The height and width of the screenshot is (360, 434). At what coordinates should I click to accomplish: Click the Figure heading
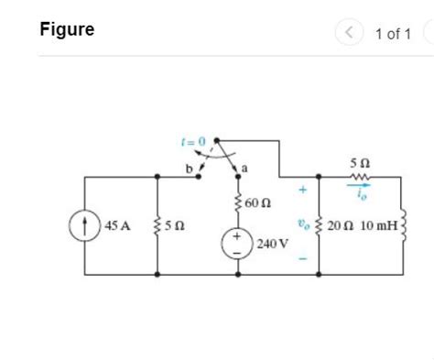(67, 29)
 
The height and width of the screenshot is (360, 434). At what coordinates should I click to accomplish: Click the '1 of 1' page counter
(393, 34)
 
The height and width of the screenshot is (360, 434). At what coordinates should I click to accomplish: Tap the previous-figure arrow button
(349, 34)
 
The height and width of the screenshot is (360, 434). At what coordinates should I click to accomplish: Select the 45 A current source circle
(85, 225)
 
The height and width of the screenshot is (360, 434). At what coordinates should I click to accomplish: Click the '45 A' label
(118, 225)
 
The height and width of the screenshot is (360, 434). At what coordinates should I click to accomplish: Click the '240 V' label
(272, 245)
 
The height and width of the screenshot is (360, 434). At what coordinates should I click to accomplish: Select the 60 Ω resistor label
(259, 202)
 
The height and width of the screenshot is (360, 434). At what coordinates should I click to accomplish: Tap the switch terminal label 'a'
(245, 166)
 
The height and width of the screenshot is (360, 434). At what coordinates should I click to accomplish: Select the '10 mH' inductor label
(379, 225)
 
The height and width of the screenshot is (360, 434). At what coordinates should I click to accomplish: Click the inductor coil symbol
(403, 225)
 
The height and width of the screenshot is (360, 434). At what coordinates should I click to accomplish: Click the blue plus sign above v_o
(300, 191)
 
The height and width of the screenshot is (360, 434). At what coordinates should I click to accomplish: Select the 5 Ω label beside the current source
(179, 225)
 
